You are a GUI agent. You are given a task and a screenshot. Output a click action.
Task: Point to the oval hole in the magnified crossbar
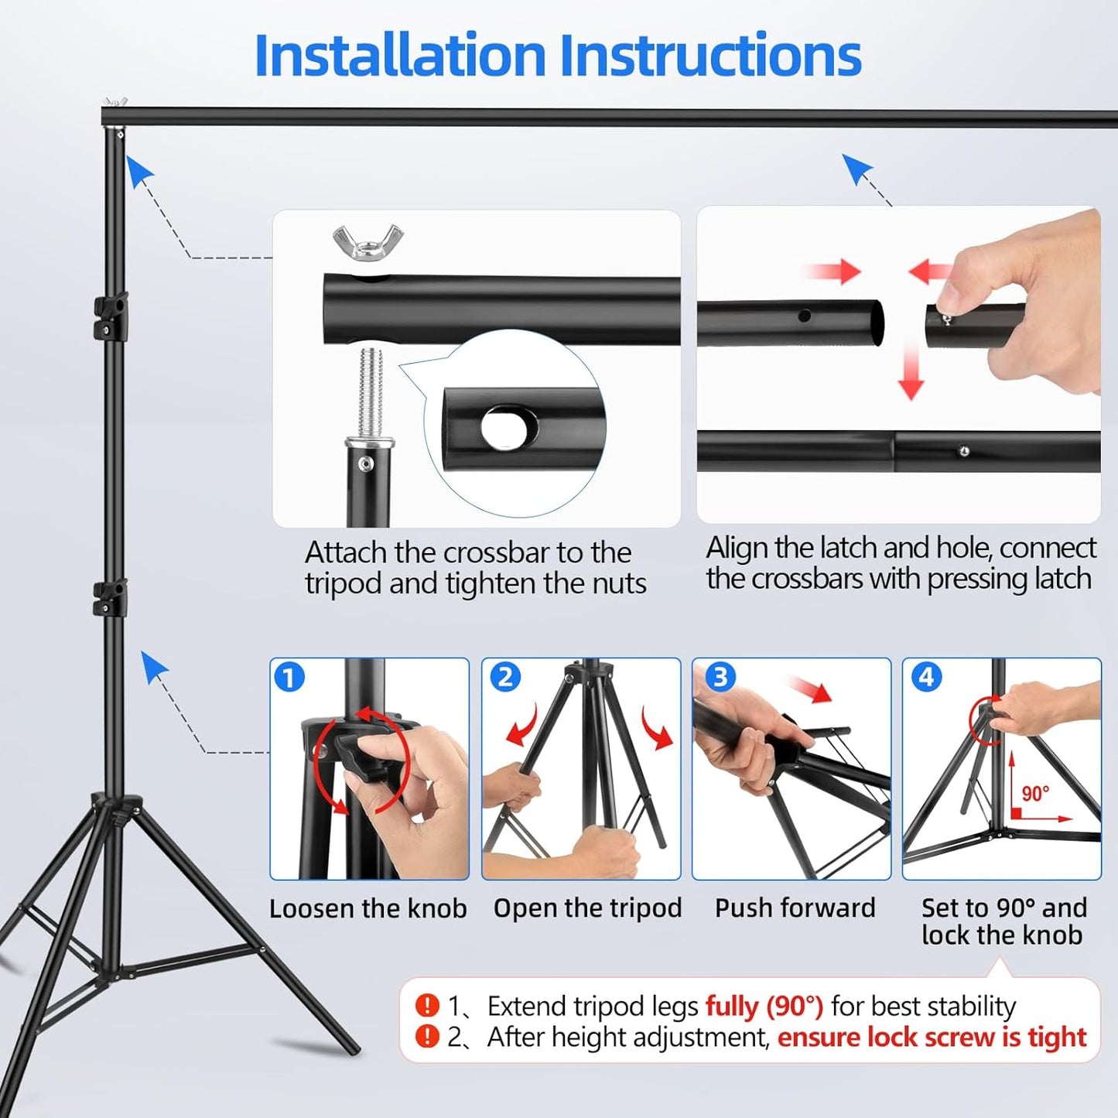[x=508, y=427]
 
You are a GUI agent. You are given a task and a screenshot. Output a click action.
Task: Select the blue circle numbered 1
[x=289, y=678]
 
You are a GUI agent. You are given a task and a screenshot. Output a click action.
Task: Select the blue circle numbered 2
[x=504, y=678]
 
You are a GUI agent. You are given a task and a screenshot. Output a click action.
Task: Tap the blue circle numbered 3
[x=720, y=678]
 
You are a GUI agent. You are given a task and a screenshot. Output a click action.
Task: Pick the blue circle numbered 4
[x=926, y=678]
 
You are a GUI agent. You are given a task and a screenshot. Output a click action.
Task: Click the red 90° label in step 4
[x=1035, y=794]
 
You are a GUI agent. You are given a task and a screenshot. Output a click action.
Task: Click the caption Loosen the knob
[x=368, y=908]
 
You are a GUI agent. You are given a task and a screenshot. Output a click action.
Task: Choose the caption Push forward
[x=795, y=908]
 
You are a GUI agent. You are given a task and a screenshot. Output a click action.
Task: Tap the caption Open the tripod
[x=587, y=908]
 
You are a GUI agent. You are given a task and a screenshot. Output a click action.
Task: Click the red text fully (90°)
[x=764, y=1007]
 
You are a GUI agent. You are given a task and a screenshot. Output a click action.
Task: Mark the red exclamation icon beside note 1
[x=427, y=1006]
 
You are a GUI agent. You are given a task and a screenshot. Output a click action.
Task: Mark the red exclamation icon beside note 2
[x=427, y=1037]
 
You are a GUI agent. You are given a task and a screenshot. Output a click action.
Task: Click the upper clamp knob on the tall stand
[x=111, y=316]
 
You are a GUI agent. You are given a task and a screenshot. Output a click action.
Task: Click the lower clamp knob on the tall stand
[x=110, y=598]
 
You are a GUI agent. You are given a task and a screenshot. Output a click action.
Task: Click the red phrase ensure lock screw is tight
[x=932, y=1038]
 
